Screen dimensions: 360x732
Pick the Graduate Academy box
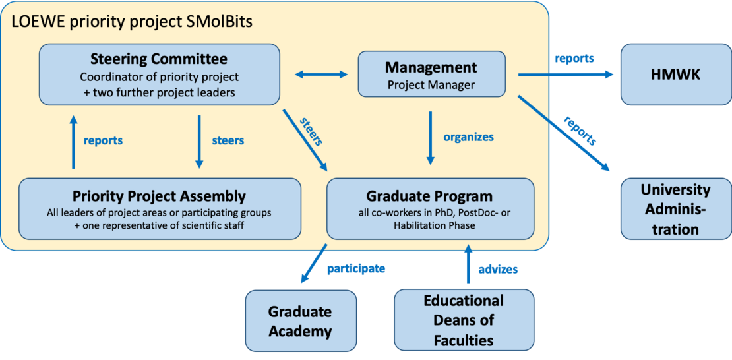click(x=300, y=320)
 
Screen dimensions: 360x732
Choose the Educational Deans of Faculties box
click(x=464, y=320)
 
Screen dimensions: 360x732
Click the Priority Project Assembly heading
click(x=160, y=196)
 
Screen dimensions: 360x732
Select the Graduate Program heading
click(x=429, y=196)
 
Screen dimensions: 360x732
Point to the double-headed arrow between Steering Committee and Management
click(x=320, y=75)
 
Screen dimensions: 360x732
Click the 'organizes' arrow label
click(x=468, y=137)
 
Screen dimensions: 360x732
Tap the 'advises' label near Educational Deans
click(x=498, y=269)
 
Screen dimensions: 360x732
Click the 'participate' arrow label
click(x=355, y=268)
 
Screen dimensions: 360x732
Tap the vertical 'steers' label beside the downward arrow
click(x=228, y=140)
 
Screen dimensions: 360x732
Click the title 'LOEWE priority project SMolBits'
click(x=132, y=22)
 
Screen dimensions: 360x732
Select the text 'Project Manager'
click(x=431, y=85)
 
